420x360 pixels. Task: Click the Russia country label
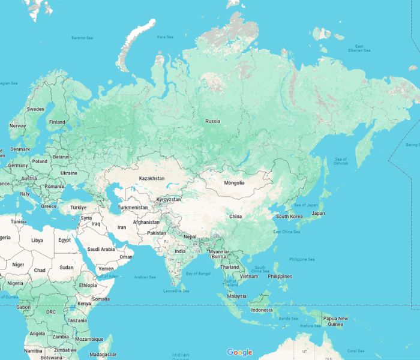(x=212, y=121)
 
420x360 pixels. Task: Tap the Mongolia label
(x=234, y=182)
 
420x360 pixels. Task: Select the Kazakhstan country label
(x=151, y=179)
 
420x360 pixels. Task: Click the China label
(x=235, y=216)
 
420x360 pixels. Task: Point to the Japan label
(x=318, y=213)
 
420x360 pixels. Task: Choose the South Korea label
(x=289, y=217)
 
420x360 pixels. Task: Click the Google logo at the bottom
(x=239, y=352)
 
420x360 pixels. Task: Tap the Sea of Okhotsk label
(x=340, y=161)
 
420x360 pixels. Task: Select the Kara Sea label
(x=165, y=37)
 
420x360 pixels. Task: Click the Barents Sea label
(x=82, y=38)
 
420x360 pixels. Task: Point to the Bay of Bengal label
(x=198, y=274)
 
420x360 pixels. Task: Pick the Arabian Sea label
(x=145, y=277)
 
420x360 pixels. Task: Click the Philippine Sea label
(x=302, y=260)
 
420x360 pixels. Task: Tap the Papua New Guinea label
(x=335, y=321)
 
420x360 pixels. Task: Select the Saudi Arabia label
(x=101, y=249)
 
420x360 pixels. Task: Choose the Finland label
(x=57, y=122)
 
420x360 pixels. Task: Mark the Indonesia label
(x=262, y=310)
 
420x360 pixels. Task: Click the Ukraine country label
(x=68, y=173)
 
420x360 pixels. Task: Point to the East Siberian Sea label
(x=359, y=49)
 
